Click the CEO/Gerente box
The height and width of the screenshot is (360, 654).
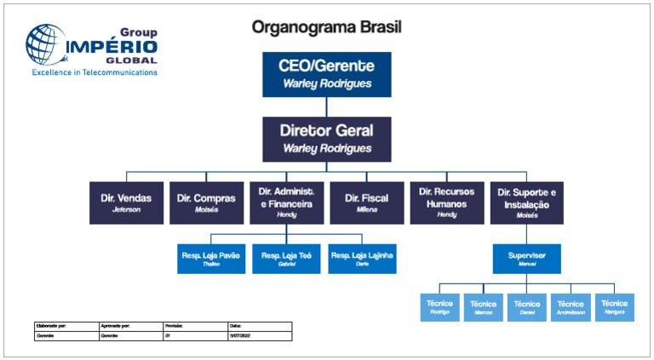326,73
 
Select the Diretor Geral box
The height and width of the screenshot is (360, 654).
326,138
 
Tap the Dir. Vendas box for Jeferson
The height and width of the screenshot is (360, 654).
126,203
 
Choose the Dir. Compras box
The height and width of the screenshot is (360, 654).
206,203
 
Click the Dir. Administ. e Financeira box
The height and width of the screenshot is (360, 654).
286,203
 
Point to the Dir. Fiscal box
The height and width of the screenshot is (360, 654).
366,203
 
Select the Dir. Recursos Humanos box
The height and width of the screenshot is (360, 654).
446,203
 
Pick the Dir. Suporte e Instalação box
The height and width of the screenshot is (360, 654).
526,203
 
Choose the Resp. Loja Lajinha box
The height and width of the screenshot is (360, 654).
362,259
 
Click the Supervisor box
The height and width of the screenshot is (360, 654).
526,259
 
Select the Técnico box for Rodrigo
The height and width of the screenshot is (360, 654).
439,307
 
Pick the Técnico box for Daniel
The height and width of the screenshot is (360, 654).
526,307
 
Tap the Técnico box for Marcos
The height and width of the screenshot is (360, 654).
483,307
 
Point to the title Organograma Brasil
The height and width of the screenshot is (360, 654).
326,27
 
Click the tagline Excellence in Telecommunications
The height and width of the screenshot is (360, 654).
95,73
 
